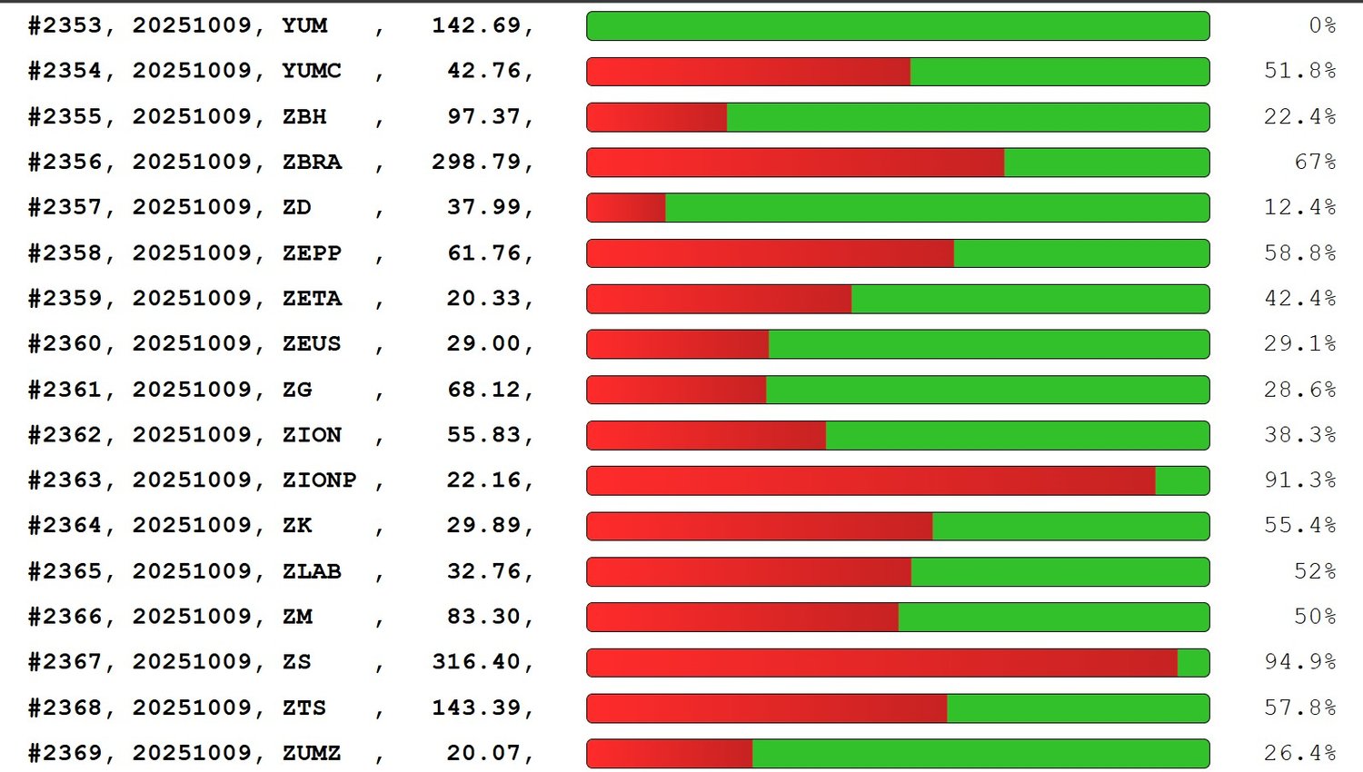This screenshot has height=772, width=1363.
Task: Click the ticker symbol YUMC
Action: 312,71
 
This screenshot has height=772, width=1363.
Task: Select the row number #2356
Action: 65,162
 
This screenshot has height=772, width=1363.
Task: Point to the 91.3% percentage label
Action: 1299,480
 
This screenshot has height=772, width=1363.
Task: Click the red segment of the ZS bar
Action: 881,662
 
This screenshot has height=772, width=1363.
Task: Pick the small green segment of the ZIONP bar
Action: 1181,480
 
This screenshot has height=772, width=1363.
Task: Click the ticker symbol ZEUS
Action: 312,343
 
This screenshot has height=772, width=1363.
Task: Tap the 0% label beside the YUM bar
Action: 1322,25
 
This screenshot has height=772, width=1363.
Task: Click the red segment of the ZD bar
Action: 626,208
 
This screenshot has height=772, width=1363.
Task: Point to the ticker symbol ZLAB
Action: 312,571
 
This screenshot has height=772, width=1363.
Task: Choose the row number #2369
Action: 65,753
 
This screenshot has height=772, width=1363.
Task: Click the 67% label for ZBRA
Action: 1315,162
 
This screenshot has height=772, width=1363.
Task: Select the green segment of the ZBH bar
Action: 968,117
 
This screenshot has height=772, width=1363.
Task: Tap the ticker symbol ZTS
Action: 303,708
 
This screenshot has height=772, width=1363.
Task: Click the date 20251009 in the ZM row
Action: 193,617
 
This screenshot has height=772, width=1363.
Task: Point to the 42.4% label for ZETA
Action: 1299,298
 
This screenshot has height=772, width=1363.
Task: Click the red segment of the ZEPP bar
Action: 770,253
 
